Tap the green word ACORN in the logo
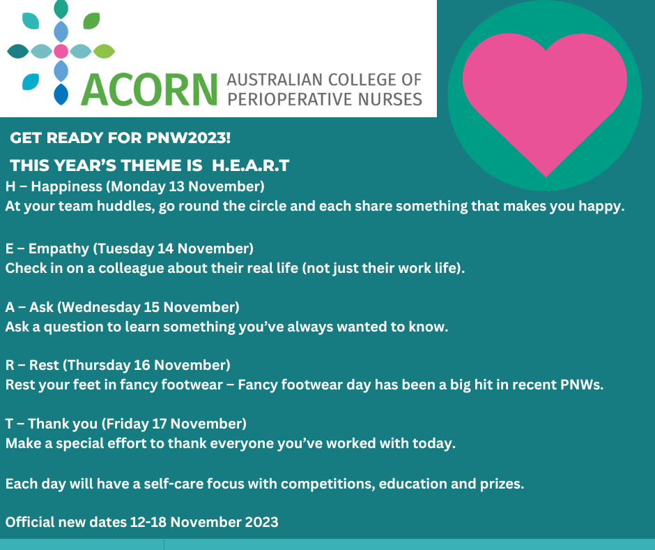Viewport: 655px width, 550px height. [149, 90]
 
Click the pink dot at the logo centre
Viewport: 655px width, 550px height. [61, 51]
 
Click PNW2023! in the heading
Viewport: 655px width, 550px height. [188, 137]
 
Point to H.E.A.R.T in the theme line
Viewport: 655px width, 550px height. [251, 165]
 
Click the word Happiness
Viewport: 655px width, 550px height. [66, 186]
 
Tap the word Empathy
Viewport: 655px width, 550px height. [59, 248]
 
